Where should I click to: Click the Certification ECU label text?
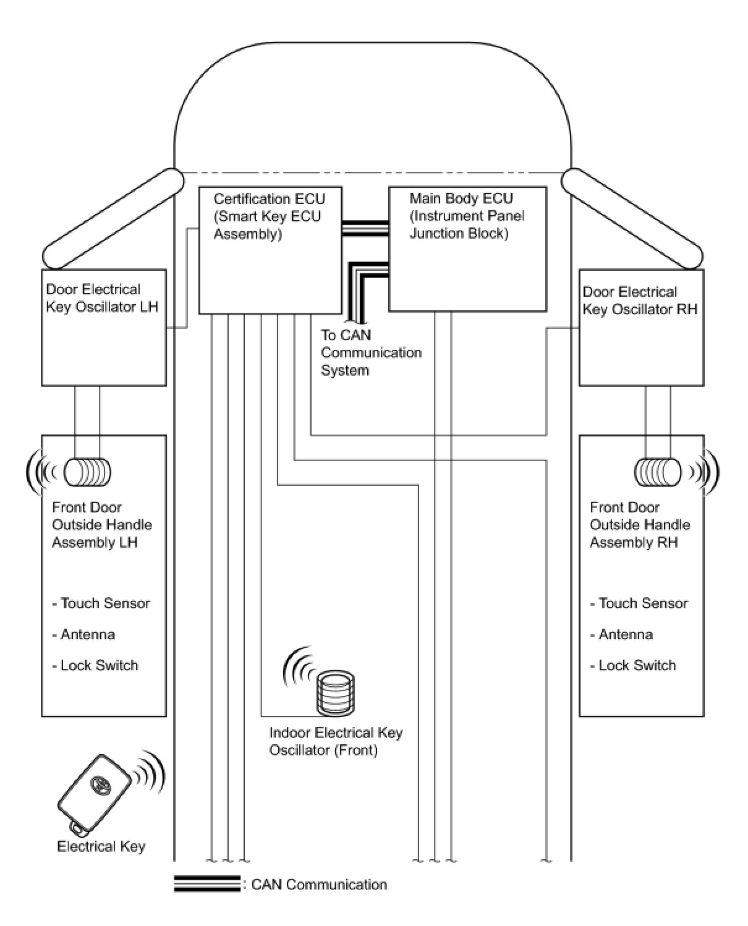pyautogui.click(x=269, y=216)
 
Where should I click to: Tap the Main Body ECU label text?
pyautogui.click(x=467, y=216)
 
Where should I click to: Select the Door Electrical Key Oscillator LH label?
pyautogui.click(x=102, y=298)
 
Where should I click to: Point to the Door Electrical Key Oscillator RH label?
pyautogui.click(x=640, y=300)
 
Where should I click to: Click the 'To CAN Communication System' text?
pyautogui.click(x=370, y=352)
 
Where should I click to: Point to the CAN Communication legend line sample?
pyautogui.click(x=206, y=884)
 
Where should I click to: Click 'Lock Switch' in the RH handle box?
pyautogui.click(x=637, y=665)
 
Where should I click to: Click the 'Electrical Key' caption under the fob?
pyautogui.click(x=101, y=846)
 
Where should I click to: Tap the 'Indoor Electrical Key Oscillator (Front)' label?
pyautogui.click(x=336, y=741)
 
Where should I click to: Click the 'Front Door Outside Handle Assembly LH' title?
pyautogui.click(x=101, y=524)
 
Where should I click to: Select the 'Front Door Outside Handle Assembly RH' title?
pyautogui.click(x=639, y=524)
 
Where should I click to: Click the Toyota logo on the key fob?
pyautogui.click(x=98, y=784)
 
